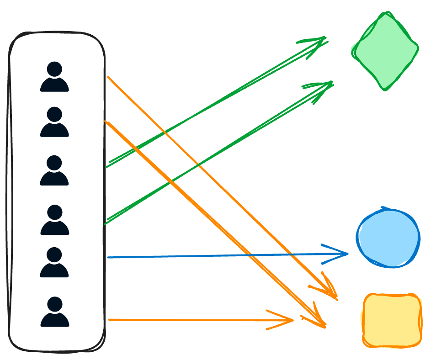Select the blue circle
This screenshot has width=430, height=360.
[388, 238]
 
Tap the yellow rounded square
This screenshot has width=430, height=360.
[392, 320]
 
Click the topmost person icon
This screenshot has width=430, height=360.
[54, 77]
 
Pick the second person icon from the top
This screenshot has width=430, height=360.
[54, 122]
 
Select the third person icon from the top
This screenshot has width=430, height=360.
[54, 170]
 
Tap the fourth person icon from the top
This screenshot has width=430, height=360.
[54, 220]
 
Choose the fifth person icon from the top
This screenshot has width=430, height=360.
[54, 263]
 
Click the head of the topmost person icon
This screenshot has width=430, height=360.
[54, 69]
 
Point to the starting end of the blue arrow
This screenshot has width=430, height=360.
[108, 258]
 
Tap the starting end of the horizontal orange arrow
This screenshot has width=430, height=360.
[109, 320]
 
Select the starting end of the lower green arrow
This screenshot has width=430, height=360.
[106, 224]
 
